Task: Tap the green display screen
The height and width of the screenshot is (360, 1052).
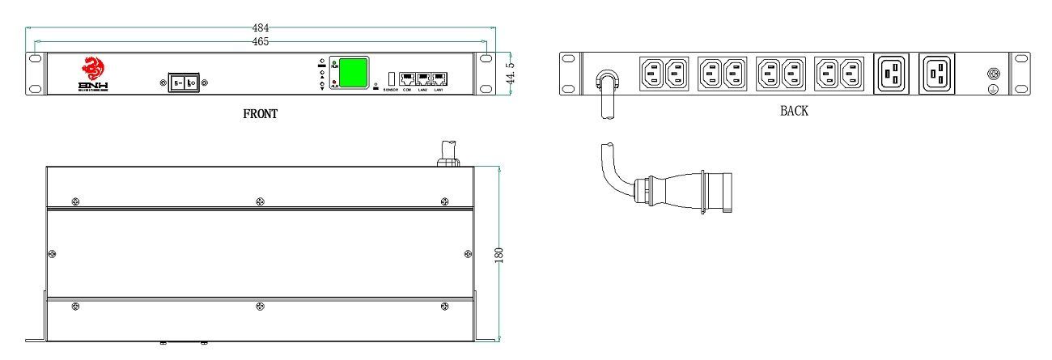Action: tap(353, 72)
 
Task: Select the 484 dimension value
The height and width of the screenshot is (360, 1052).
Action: tap(261, 28)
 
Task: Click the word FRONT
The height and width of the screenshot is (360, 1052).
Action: tap(261, 114)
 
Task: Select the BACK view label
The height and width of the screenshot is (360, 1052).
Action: tap(794, 112)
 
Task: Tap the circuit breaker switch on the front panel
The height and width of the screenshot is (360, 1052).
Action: tap(185, 83)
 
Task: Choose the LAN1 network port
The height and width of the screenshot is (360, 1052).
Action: tap(439, 79)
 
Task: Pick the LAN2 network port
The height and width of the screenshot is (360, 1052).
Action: tap(423, 79)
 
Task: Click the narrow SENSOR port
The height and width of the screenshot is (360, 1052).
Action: tap(391, 79)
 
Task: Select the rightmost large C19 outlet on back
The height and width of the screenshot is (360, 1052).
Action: tap(937, 74)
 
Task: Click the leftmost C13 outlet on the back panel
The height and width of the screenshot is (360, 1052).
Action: tap(652, 74)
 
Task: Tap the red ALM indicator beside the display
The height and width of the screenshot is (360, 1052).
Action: tap(334, 84)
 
